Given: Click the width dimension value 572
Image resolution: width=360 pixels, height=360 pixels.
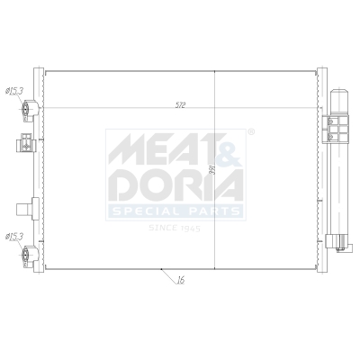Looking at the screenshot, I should click(180, 104).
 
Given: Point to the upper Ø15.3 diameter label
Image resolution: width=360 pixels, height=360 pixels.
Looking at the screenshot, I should click(14, 91).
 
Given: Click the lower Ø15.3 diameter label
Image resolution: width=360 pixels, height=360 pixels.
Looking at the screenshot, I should click(14, 237).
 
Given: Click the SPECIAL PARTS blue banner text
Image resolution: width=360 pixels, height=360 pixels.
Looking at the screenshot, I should click(175, 211).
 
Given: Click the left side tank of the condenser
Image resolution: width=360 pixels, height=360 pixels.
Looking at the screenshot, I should click(39, 171).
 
